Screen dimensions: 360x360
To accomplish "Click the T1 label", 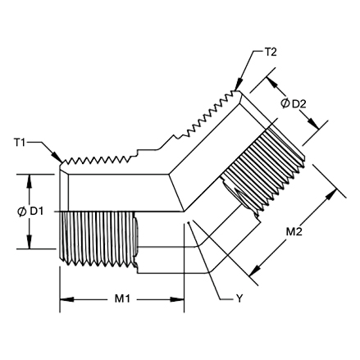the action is pos(20,143).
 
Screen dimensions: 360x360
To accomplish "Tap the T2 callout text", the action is pos(271,52).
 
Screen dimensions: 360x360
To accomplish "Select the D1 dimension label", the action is pos(37,211).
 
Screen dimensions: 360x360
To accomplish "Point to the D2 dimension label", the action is pos(299,104).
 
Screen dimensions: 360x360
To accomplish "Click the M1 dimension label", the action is pos(122,299).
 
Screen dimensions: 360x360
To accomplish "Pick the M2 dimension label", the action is pos(294,232).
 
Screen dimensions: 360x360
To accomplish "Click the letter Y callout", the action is pos(239,298).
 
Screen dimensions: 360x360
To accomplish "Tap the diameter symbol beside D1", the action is pos(21,212).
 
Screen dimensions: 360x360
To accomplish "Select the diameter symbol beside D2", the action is pos(285,103).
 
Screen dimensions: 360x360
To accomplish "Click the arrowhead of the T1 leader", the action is pos(57,158).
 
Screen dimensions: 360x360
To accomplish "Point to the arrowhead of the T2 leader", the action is pos(239,84).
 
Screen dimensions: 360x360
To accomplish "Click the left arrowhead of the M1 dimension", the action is pos(66,299).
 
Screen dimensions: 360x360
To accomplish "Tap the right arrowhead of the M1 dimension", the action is pos(177,299).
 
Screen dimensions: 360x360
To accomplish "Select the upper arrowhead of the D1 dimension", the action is pos(30,180).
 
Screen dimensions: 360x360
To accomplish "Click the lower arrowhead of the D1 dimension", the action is pos(30,242).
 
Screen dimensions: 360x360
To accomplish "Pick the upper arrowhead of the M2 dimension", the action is pos(331,195).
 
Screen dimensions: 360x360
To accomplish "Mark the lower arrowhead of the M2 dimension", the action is pos(254,270).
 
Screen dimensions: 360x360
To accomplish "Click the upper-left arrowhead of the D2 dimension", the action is pos(272,83).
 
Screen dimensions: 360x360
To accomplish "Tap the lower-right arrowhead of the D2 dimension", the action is pos(313,124).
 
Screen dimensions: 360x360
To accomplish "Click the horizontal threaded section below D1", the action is pos(98,239).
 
